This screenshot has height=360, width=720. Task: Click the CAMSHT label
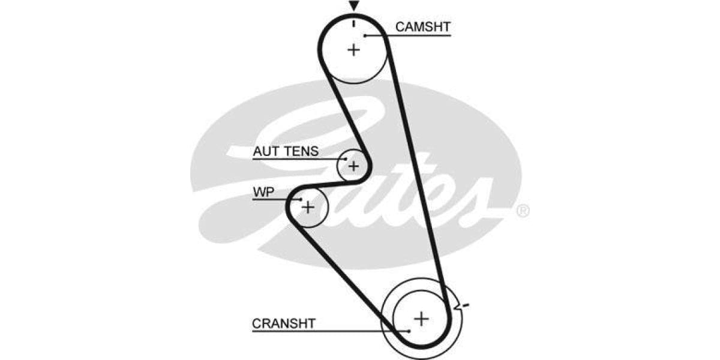[x=422, y=26]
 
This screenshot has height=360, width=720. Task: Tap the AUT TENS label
[x=286, y=151]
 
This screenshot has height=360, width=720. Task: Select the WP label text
[x=262, y=192]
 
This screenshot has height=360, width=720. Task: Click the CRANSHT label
[x=283, y=323]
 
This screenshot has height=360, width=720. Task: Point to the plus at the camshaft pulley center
[x=353, y=49]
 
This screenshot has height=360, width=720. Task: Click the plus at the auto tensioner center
[x=353, y=165]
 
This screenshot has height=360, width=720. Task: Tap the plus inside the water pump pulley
[x=307, y=208]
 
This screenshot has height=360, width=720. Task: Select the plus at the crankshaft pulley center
[x=422, y=318]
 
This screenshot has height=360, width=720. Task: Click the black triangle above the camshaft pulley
[x=354, y=5]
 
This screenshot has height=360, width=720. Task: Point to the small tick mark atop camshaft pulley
[x=354, y=23]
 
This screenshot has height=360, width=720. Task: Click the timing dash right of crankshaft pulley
[x=464, y=306]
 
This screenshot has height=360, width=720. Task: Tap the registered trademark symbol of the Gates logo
[x=523, y=211]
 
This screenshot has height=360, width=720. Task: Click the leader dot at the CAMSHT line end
[x=365, y=35]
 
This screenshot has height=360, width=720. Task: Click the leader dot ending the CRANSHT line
[x=409, y=331]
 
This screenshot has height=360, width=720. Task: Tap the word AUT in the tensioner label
[x=266, y=151]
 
